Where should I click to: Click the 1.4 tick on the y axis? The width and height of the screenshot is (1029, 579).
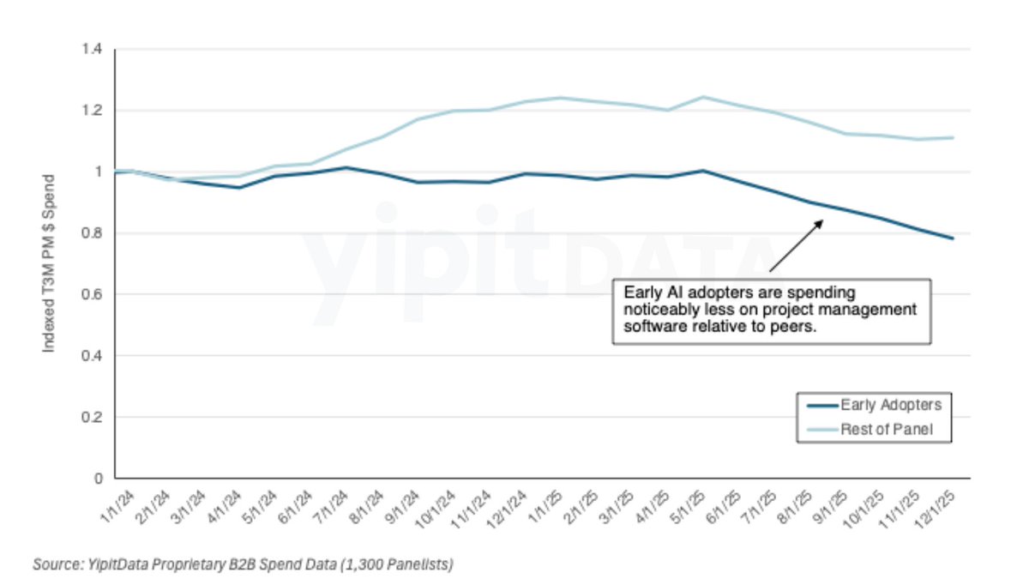pos(92,50)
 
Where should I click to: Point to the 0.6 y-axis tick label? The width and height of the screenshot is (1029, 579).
pos(92,294)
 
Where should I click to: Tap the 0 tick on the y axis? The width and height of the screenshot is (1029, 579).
pos(98,478)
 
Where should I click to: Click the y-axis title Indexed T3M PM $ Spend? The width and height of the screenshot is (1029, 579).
pos(50,264)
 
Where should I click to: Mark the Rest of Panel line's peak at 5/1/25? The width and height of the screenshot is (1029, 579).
pos(703,97)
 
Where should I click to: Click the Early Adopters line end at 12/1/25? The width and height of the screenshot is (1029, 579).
pos(953,238)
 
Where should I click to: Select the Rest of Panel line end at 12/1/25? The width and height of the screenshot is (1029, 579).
pos(953,137)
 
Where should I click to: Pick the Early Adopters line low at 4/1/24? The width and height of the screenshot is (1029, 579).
pos(239,187)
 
